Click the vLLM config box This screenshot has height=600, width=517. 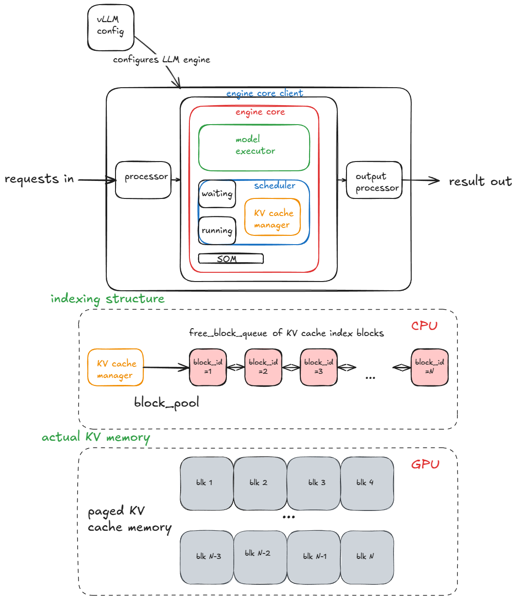click(x=110, y=28)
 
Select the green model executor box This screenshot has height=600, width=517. click(x=254, y=147)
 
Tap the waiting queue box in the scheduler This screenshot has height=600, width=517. click(x=217, y=194)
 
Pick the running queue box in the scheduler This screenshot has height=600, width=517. click(x=217, y=230)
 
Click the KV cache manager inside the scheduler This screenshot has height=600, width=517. click(x=273, y=217)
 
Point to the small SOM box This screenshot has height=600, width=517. click(x=231, y=258)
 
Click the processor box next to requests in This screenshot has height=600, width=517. click(x=143, y=180)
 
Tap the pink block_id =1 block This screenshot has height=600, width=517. click(x=208, y=367)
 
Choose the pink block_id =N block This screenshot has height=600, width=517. click(x=429, y=367)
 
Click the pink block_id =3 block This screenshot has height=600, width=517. click(x=318, y=367)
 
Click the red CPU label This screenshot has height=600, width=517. click(x=424, y=326)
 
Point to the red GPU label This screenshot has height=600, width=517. click(x=425, y=464)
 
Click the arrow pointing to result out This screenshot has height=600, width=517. click(x=420, y=180)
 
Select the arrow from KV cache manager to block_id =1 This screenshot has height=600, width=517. click(x=166, y=367)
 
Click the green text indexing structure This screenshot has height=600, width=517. click(x=107, y=299)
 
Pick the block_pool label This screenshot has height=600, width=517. click(x=166, y=403)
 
